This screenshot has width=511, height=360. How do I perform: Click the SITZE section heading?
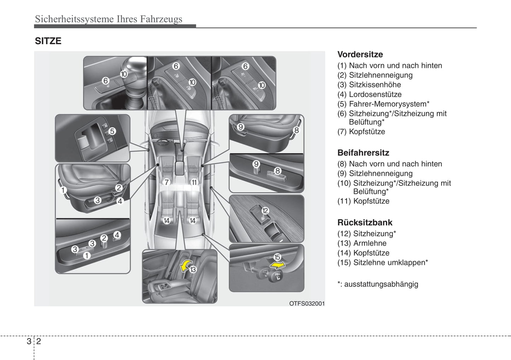pos(48,41)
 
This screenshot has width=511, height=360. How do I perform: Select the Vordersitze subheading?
pos(360,54)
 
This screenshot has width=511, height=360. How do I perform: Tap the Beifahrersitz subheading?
pos(363,153)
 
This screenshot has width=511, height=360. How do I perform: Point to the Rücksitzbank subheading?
pos(365,223)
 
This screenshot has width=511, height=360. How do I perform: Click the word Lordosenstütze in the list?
pos(375,94)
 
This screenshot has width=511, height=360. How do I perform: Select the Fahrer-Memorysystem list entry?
pos(388,104)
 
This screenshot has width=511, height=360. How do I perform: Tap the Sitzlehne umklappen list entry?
pos(390,262)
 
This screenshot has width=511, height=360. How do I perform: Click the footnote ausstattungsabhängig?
pos(381,284)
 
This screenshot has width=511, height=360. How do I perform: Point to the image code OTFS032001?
pos(307,303)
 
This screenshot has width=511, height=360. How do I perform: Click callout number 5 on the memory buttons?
pos(112,131)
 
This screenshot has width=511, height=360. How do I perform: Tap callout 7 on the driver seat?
pos(167,182)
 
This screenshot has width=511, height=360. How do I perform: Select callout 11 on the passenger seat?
pos(194,182)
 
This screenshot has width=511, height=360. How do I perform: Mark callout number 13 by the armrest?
pos(193,270)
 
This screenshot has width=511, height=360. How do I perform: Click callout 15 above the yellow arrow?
pos(277,258)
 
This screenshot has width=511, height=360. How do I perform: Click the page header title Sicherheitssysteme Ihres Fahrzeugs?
pos(109,19)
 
